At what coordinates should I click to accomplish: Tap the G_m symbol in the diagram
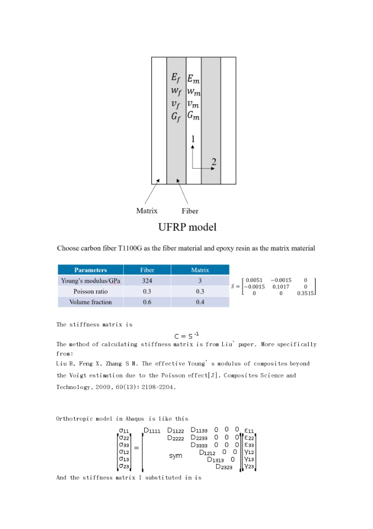(193, 116)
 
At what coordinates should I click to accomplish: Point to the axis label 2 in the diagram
(214, 161)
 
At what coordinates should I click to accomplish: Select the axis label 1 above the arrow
(193, 140)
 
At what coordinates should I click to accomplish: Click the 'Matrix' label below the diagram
(147, 210)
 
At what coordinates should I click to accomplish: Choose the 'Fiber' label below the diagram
(190, 210)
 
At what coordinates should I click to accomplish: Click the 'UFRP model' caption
(186, 227)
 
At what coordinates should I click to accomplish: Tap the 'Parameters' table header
(91, 270)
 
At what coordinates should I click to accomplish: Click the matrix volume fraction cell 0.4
(200, 302)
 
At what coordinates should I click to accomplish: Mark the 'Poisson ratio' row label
(91, 292)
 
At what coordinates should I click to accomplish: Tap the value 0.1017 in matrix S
(281, 287)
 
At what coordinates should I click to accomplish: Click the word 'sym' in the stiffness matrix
(175, 456)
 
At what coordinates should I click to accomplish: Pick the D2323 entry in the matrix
(224, 467)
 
